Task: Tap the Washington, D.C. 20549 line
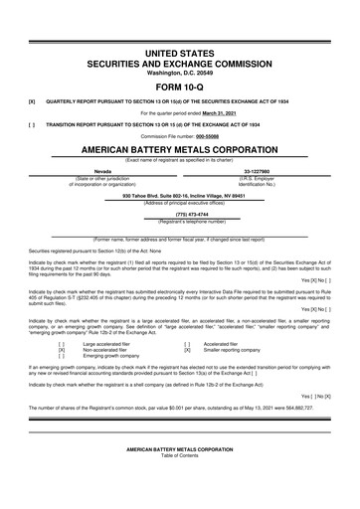(x=180, y=69)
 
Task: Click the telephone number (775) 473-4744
(x=180, y=212)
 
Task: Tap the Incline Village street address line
(x=180, y=195)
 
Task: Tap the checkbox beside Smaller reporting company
(x=186, y=350)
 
